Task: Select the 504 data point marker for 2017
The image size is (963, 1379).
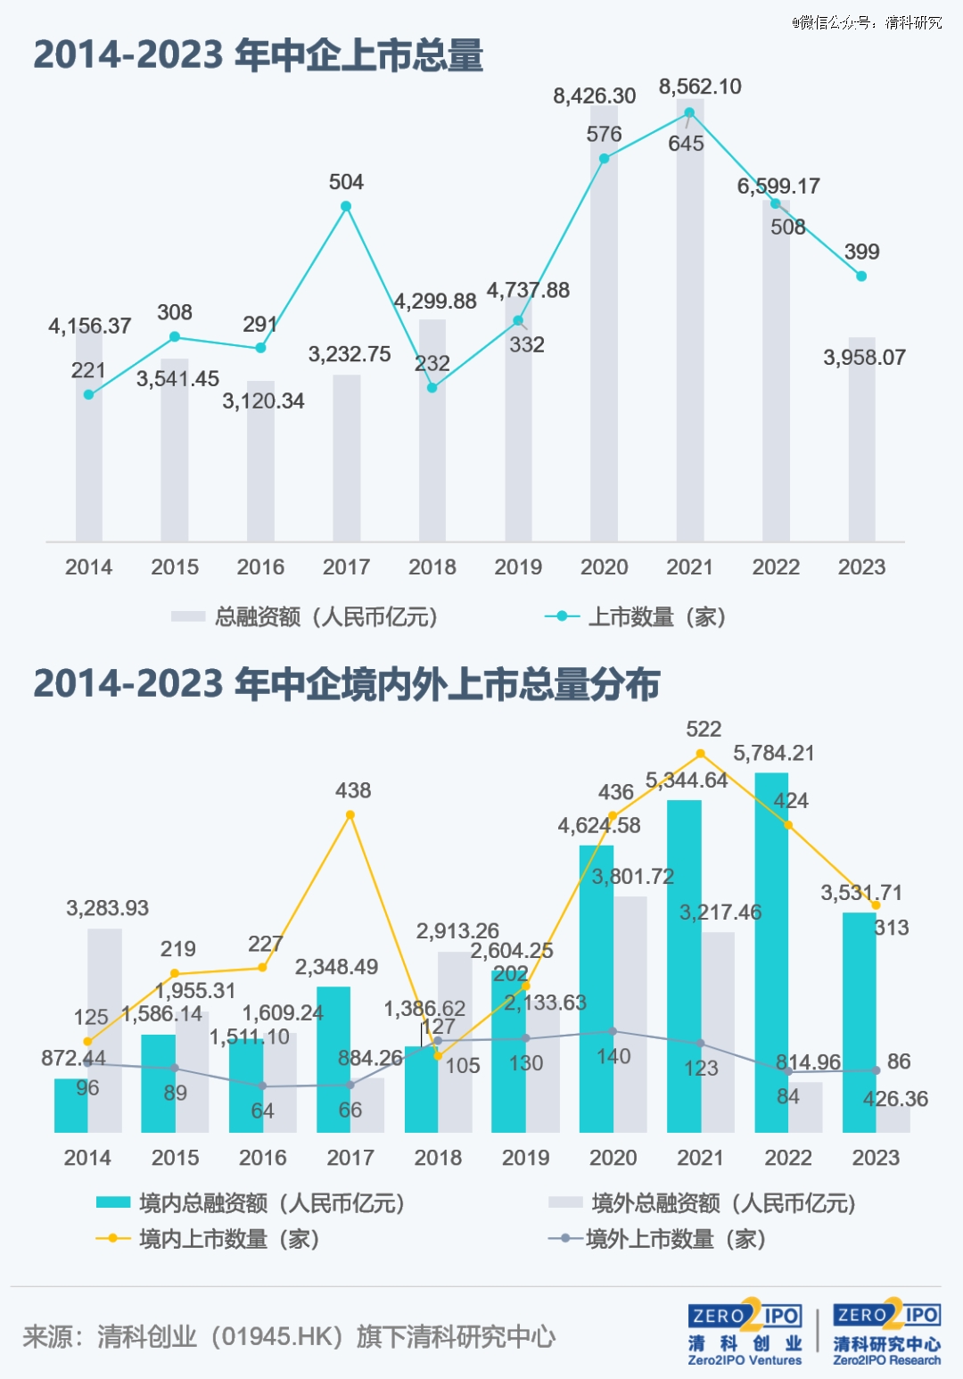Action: (x=346, y=206)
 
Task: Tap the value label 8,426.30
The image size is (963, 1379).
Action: (x=594, y=96)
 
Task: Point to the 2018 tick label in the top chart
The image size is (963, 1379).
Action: (x=432, y=567)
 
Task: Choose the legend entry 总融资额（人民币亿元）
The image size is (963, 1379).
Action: (x=305, y=616)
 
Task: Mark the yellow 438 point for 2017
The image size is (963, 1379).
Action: (x=350, y=815)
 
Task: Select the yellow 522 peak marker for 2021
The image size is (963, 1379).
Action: (x=701, y=754)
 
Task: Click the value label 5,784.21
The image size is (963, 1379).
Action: (x=774, y=754)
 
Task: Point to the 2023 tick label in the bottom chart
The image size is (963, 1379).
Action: (x=876, y=1158)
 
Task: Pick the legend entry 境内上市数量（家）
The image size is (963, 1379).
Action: (x=208, y=1239)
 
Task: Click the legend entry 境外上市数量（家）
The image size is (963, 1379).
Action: (x=658, y=1239)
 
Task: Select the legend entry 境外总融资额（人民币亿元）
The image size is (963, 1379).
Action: (x=703, y=1203)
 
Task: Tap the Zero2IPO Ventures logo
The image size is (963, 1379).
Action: (x=745, y=1333)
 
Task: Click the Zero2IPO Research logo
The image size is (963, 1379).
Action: (x=887, y=1333)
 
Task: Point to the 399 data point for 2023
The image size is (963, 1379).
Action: (x=861, y=277)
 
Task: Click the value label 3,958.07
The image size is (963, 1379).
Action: (x=864, y=358)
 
